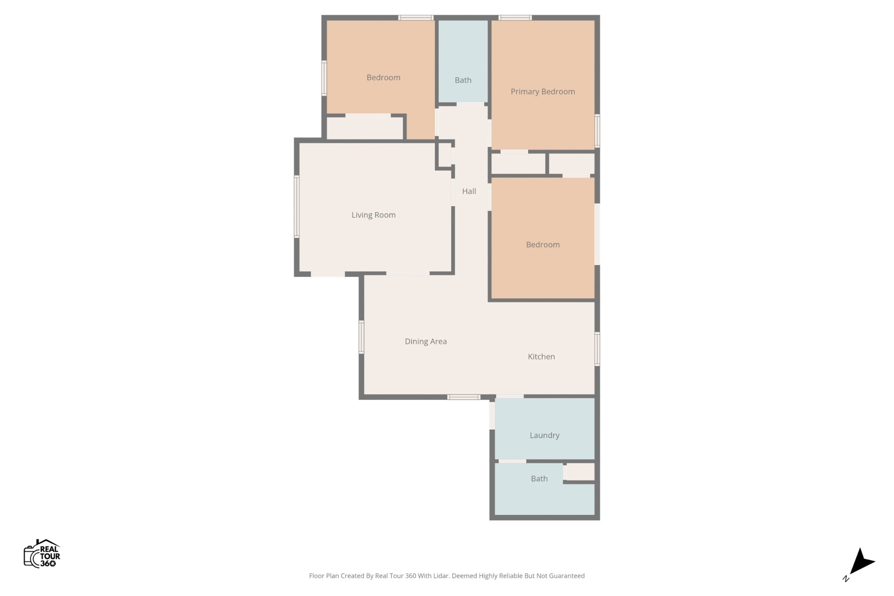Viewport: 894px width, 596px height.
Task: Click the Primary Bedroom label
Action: click(x=543, y=92)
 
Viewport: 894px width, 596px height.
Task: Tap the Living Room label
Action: click(x=374, y=215)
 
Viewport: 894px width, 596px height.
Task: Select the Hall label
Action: click(x=469, y=191)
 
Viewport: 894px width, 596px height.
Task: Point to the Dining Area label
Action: click(x=426, y=341)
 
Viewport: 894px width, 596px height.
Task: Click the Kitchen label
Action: click(x=541, y=356)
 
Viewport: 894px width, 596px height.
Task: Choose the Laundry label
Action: click(x=544, y=435)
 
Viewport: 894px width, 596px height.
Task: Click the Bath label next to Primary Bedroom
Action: click(x=463, y=80)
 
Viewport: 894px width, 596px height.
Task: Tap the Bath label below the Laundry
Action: click(x=539, y=479)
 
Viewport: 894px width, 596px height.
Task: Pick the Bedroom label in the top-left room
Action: click(x=383, y=78)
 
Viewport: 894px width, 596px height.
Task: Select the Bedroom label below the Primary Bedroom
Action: click(x=543, y=245)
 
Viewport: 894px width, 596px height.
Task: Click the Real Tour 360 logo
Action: click(x=42, y=553)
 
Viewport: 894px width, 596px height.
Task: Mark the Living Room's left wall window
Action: click(x=297, y=206)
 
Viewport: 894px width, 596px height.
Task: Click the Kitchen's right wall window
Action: click(x=597, y=349)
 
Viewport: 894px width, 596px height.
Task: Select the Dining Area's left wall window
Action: click(x=361, y=337)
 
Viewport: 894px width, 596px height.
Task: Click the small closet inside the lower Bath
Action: click(x=580, y=472)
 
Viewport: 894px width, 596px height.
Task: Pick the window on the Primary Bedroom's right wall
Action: click(x=597, y=131)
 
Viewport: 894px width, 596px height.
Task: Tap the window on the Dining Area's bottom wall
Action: click(x=464, y=397)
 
